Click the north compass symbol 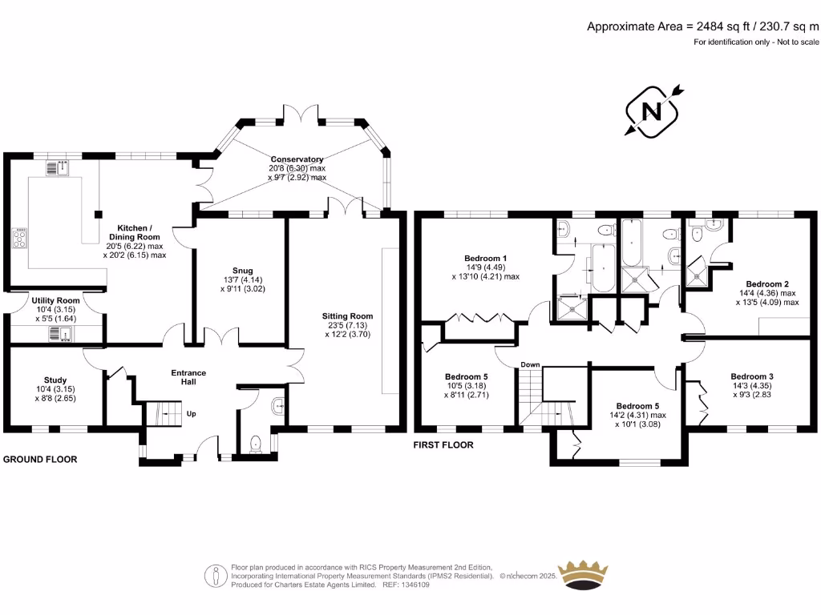(x=653, y=111)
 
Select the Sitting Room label (x=347, y=316)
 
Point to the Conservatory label (x=297, y=159)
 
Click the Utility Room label (x=55, y=299)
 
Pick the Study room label (x=55, y=380)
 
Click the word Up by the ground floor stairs (x=191, y=414)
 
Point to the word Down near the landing (x=530, y=365)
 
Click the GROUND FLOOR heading (x=40, y=460)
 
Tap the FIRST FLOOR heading (x=443, y=445)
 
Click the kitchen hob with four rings (x=19, y=238)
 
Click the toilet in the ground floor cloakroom (x=256, y=443)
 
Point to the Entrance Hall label (x=188, y=377)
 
